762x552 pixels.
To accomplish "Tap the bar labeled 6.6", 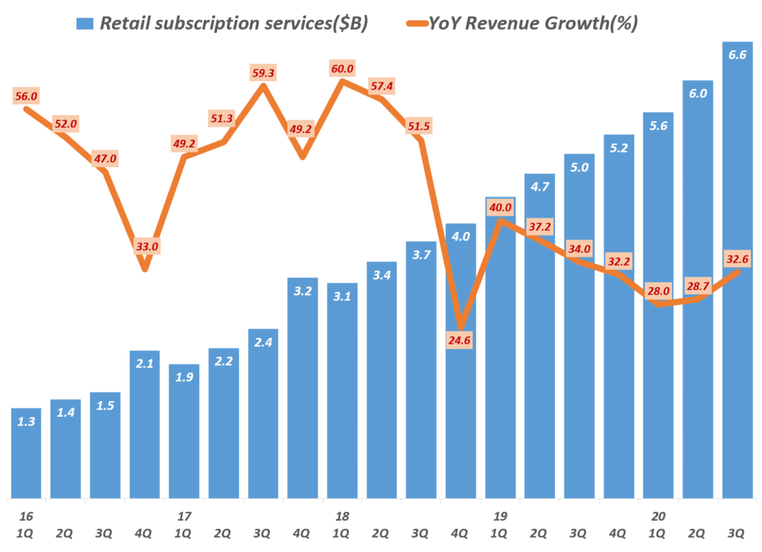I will (737, 275).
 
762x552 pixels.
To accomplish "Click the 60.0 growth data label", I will (343, 68).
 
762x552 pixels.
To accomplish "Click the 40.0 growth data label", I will (500, 207).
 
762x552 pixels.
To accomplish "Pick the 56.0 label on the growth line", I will (26, 96).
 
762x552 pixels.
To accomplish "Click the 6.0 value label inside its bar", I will (698, 93).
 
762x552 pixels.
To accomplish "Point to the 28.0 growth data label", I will (658, 291).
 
